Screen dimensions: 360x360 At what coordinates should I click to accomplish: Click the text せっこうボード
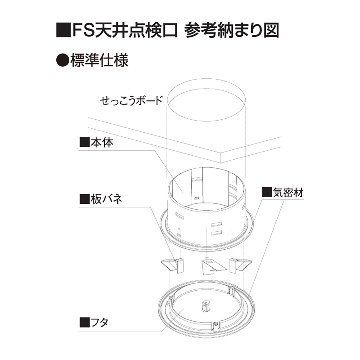coord(131,100)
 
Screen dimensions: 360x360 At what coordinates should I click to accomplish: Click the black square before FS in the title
coord(63,31)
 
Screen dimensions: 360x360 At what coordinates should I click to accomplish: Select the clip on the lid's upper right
coord(231,291)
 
